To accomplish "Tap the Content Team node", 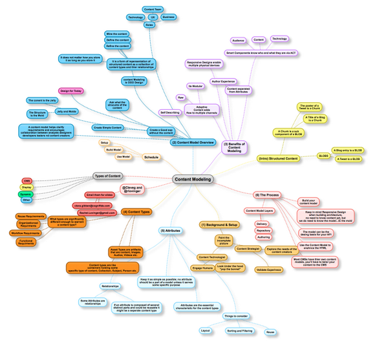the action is [x=153, y=9].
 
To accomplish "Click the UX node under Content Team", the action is [x=153, y=17].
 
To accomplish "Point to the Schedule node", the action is [x=151, y=157].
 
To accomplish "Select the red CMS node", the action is [x=27, y=181].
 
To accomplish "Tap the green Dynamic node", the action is [x=26, y=194].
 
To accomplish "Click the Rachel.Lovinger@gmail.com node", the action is [x=96, y=213].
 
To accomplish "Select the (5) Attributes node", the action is [x=170, y=230].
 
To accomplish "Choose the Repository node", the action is [x=263, y=230].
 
